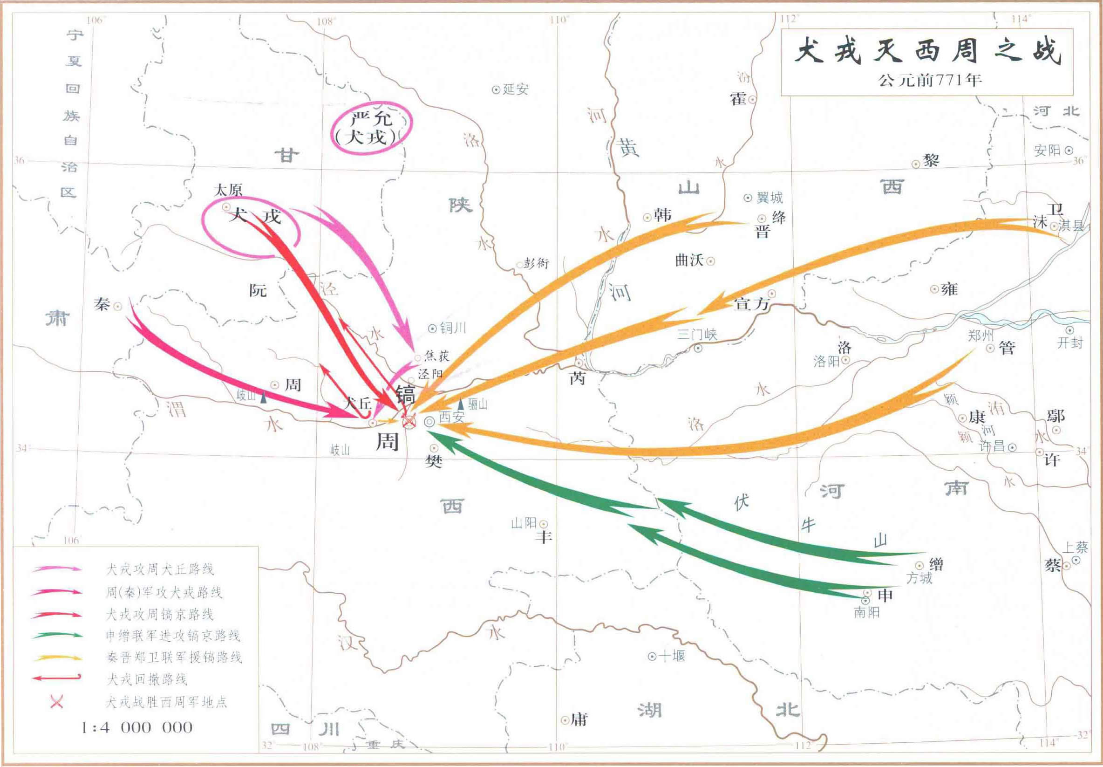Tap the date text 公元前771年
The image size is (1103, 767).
[x=930, y=80]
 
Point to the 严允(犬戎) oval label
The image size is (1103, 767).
[x=371, y=128]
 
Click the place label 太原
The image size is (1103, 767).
[x=228, y=190]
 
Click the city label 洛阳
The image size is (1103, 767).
[x=826, y=361]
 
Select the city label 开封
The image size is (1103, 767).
[x=1070, y=342]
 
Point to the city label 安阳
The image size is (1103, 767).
[x=1047, y=151]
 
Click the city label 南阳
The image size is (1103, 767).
[x=867, y=612]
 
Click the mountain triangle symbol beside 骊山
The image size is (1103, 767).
[x=461, y=404]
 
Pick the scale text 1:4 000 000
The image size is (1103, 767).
[x=137, y=727]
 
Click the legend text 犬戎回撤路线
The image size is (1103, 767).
[x=147, y=679]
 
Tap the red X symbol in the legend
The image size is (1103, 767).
[x=57, y=702]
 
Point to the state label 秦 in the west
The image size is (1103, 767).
[x=102, y=304]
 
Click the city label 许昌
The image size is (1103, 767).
[x=993, y=446]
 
